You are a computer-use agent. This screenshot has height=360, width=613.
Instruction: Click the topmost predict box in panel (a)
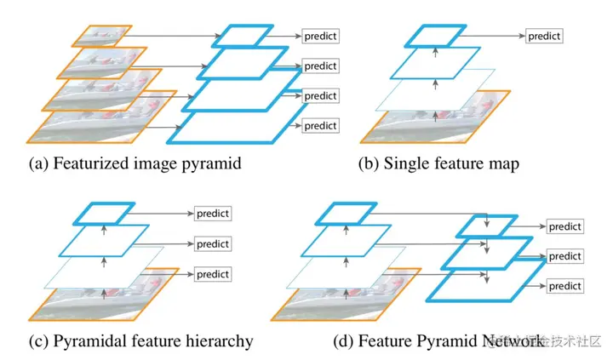(x=320, y=37)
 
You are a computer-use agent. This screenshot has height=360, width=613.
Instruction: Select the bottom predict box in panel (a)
(x=320, y=125)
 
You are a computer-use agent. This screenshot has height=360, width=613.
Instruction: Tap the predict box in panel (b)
(x=543, y=36)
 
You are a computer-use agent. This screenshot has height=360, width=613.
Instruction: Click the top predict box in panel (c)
(x=213, y=213)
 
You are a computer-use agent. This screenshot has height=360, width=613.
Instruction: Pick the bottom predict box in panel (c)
(x=213, y=274)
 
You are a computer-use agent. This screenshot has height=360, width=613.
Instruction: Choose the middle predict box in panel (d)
(x=564, y=256)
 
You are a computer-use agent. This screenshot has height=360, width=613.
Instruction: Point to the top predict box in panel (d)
(x=564, y=227)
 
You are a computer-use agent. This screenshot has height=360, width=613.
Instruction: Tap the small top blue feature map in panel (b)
(x=436, y=36)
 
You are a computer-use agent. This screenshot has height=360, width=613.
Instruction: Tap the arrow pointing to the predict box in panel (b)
(x=494, y=36)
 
